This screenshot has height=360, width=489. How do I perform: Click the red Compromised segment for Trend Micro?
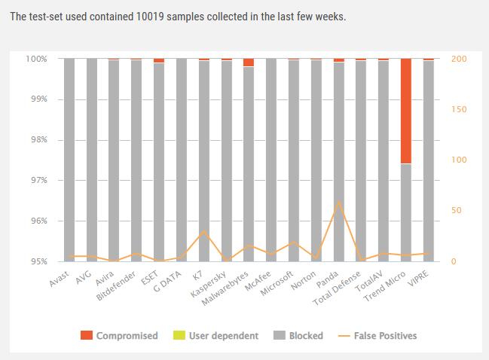pyautogui.click(x=405, y=111)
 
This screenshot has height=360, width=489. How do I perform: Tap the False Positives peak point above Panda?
pyautogui.click(x=338, y=202)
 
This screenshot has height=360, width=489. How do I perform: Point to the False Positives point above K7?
pyautogui.click(x=203, y=231)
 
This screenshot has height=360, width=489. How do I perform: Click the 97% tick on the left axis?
pyautogui.click(x=38, y=181)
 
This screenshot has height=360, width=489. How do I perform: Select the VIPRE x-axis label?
pyautogui.click(x=419, y=278)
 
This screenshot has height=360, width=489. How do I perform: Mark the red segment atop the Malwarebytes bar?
pyautogui.click(x=249, y=63)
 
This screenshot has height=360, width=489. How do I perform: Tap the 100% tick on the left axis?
pyautogui.click(x=36, y=59)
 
